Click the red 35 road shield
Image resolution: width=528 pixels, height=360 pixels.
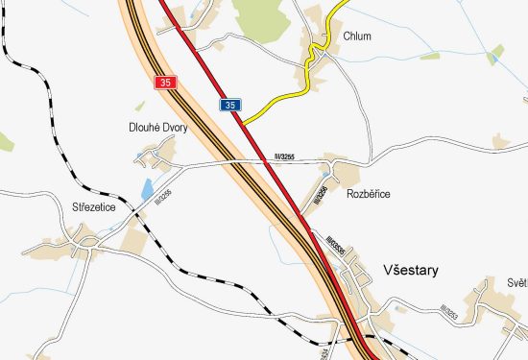(x=166, y=84)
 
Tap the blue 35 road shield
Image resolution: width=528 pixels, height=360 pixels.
(x=230, y=104)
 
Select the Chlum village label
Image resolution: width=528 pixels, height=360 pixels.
(x=357, y=36)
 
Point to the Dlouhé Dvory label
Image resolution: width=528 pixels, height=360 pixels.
(x=158, y=127)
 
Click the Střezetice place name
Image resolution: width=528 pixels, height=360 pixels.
(x=94, y=205)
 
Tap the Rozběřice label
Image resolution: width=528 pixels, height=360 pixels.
(x=369, y=194)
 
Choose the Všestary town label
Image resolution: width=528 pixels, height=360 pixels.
(x=410, y=271)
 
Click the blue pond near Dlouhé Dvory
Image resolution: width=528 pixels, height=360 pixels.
(x=147, y=190)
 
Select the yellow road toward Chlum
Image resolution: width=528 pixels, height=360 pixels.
(x=288, y=94)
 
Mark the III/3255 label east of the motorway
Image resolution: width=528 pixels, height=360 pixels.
(x=286, y=156)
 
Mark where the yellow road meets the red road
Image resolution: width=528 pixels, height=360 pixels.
(x=242, y=124)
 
